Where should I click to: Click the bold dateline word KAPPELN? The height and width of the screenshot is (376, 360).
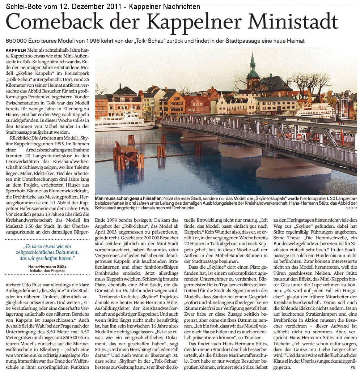pyautogui.click(x=16, y=50)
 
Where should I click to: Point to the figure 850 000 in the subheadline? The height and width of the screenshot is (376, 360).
pyautogui.click(x=17, y=41)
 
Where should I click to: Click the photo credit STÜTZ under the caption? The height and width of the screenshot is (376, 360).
pyautogui.click(x=351, y=208)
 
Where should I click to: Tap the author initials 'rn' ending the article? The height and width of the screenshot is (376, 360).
pyautogui.click(x=353, y=368)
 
